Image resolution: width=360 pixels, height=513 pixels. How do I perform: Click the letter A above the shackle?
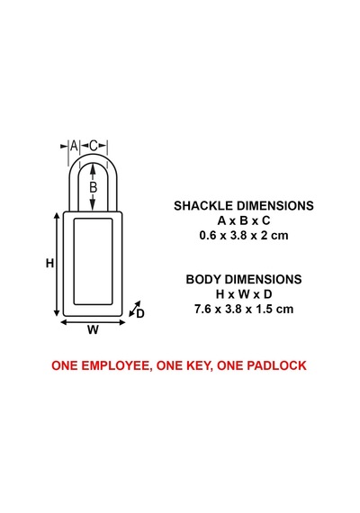pos(74,146)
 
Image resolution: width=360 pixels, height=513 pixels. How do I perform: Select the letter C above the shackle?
pos(94,146)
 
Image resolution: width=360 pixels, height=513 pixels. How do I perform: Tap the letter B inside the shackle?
pos(94,187)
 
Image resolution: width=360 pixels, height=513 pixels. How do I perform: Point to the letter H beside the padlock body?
pos(49,263)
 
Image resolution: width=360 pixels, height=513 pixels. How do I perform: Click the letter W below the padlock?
pos(93,329)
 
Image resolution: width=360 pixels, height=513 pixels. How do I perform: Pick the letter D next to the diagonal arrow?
pos(140,314)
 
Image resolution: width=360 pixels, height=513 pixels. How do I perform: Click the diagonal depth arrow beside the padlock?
pos(134,309)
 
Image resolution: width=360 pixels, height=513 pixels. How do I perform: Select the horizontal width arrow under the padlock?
pos(93,322)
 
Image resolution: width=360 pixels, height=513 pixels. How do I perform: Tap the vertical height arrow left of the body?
pos(57,265)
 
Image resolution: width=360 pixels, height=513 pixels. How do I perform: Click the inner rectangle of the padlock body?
pos(75,262)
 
